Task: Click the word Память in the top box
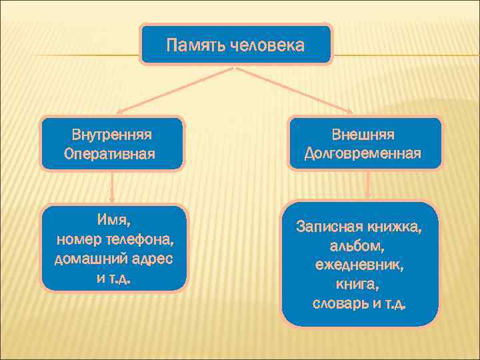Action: point(195,45)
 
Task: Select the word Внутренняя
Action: point(111,135)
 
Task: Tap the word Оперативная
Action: point(109,154)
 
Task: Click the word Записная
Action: point(328,227)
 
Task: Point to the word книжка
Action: point(395,227)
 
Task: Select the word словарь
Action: point(340,305)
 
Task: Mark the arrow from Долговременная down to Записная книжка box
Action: point(367,185)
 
